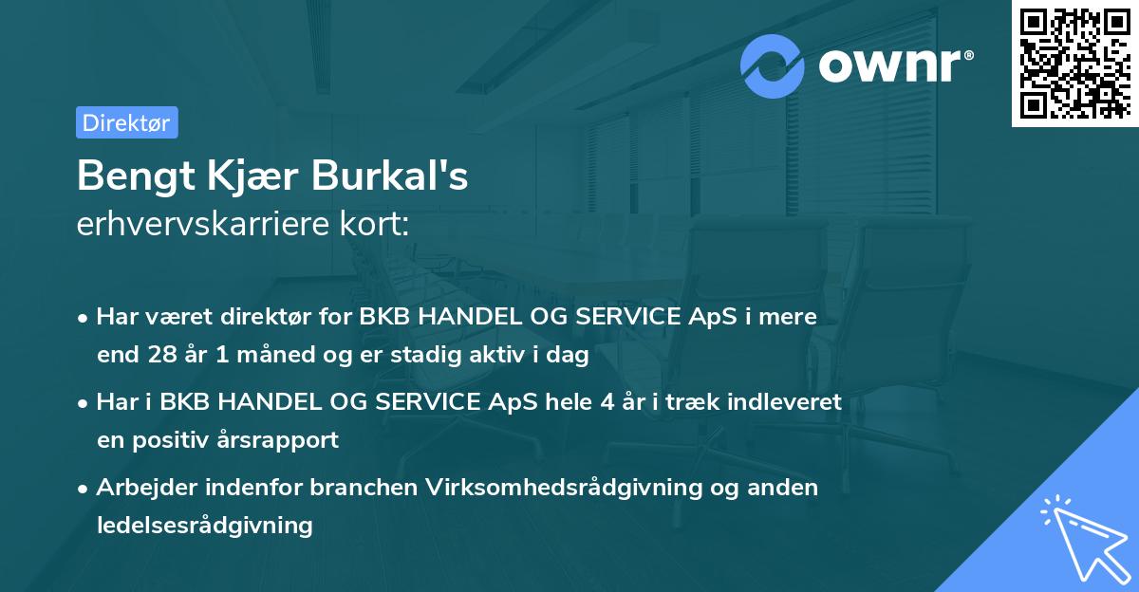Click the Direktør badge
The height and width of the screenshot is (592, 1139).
point(126,122)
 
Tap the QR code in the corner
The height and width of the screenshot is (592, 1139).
point(1074,63)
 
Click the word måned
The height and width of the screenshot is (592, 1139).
point(272,356)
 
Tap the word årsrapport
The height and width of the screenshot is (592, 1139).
point(283,440)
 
